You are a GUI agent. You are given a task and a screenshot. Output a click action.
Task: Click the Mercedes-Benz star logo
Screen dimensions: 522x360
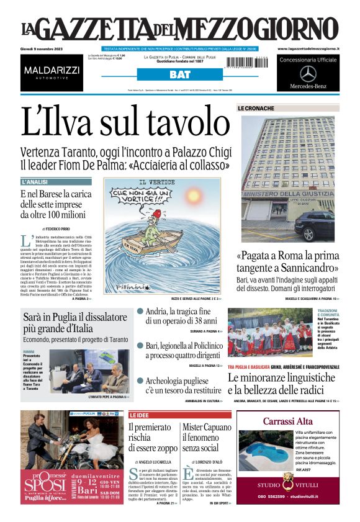click(x=308, y=73)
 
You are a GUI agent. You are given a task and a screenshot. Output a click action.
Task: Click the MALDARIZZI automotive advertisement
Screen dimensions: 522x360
click(x=52, y=73)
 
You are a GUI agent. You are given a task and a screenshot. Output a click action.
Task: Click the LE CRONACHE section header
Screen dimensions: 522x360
click(x=256, y=108)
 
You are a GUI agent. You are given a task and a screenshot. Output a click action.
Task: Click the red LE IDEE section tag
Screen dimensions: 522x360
click(x=139, y=414)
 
